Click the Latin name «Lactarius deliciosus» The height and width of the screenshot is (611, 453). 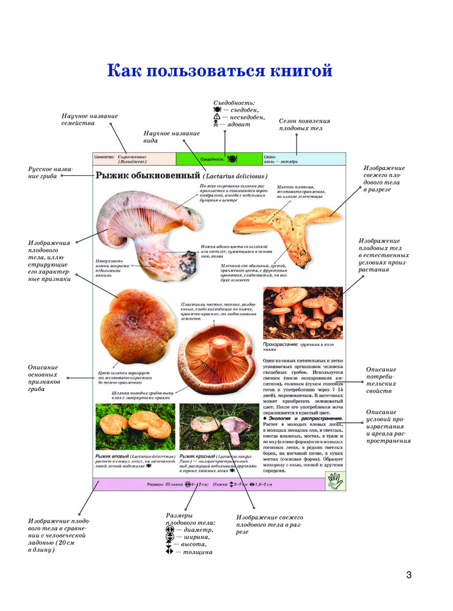tap(233, 177)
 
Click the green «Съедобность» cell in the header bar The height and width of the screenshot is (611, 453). tap(219, 159)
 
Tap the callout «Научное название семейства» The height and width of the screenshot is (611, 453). tap(90, 119)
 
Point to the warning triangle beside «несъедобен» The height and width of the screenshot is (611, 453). tap(216, 116)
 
